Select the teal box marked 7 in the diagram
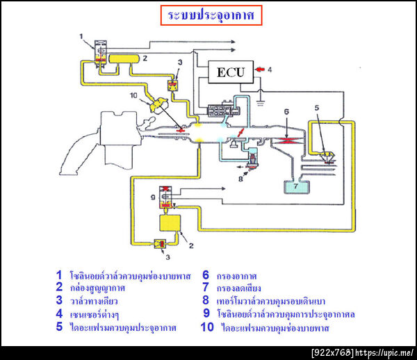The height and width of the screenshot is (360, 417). click(x=298, y=187)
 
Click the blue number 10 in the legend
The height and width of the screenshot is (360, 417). click(x=206, y=326)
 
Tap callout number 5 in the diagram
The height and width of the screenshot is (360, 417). click(x=316, y=108)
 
